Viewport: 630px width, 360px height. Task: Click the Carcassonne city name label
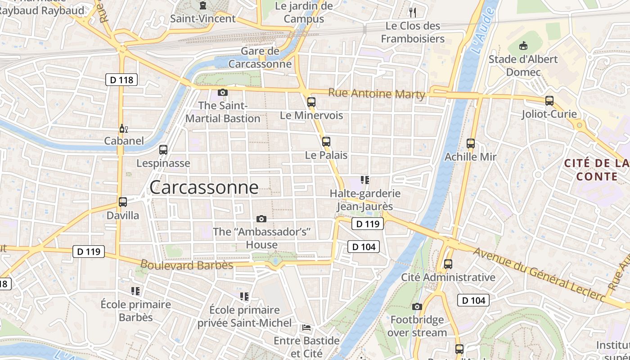[x=204, y=187]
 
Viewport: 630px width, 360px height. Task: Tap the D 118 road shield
[x=121, y=80]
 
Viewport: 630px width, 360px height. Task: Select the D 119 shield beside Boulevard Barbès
[x=89, y=252]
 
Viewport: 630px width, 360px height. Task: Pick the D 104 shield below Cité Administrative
[x=473, y=300]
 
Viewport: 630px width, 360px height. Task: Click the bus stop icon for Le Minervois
[x=311, y=102]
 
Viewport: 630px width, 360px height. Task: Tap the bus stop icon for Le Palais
[x=326, y=142]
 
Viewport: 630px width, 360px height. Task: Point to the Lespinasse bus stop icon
[x=163, y=150]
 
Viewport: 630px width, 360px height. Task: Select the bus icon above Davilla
[x=123, y=202]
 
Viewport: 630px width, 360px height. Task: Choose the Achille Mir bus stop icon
[x=471, y=144]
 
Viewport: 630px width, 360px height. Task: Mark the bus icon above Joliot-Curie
[x=549, y=101]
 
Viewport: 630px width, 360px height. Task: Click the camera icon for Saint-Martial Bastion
[x=222, y=93]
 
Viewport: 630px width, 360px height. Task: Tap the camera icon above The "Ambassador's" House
[x=261, y=219]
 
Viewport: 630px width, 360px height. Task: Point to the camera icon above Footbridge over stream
[x=417, y=307]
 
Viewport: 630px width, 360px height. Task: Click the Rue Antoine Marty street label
[x=377, y=94]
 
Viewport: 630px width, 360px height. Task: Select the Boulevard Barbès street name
[x=187, y=265]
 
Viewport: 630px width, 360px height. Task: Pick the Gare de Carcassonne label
[x=260, y=58]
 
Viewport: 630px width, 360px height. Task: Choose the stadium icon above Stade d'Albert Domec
[x=523, y=45]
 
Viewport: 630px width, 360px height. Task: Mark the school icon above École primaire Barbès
[x=135, y=291]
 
